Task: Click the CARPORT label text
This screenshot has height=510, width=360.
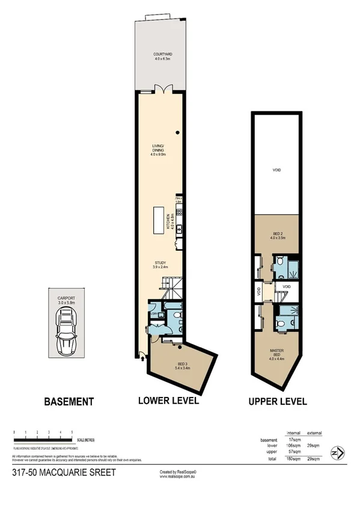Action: point(66,299)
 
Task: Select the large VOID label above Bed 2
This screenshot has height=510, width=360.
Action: point(276,170)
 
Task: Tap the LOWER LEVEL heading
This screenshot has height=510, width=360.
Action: point(168,401)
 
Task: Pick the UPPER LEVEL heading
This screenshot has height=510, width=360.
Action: point(276,401)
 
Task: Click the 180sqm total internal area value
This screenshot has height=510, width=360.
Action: point(294,459)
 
